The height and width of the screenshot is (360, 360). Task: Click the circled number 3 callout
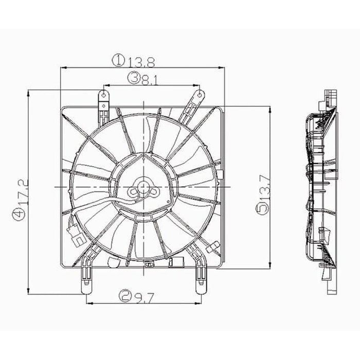135,78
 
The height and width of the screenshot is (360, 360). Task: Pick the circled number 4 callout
19,212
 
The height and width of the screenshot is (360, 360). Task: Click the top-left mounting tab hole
103,95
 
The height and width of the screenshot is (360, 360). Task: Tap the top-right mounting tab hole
199,94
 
